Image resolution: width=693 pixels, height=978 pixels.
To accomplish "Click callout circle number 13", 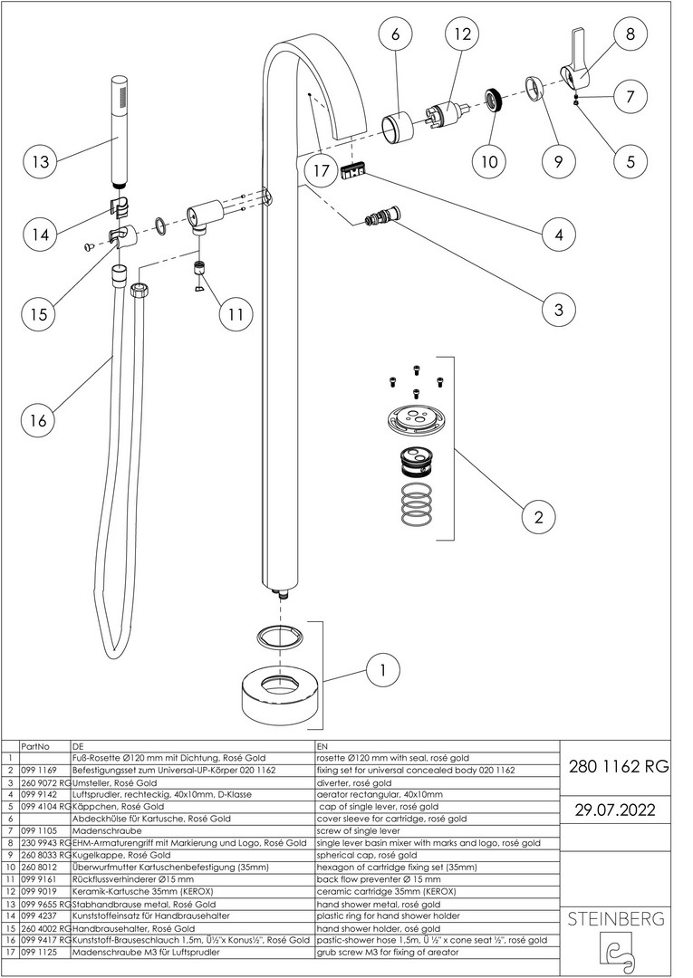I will [x=40, y=163].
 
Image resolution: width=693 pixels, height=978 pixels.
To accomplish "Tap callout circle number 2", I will [x=539, y=517].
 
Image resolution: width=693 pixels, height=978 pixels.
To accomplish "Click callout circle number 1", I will [x=383, y=671].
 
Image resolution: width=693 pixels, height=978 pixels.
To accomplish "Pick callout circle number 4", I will [x=558, y=235].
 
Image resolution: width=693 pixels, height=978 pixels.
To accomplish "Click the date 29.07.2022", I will [x=616, y=809].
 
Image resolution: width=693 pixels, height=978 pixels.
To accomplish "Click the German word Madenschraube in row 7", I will [x=102, y=829].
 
